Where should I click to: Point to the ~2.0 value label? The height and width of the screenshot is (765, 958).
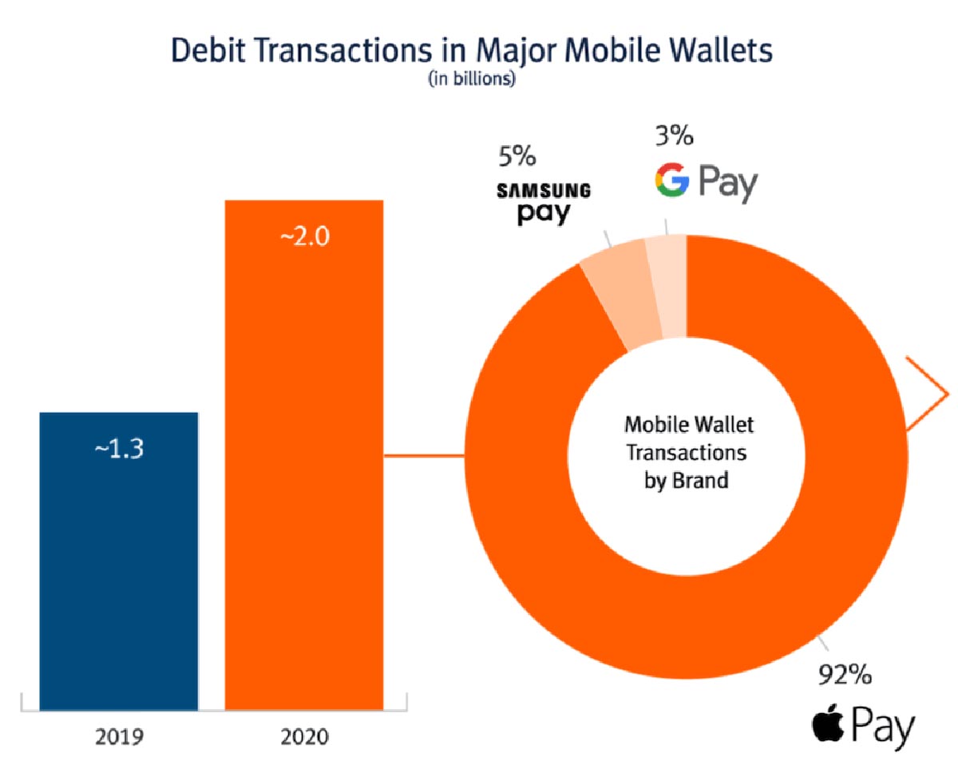[304, 238]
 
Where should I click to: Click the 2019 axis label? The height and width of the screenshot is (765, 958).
[118, 735]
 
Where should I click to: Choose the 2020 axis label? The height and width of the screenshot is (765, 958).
[304, 735]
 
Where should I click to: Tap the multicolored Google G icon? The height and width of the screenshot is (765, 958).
[671, 181]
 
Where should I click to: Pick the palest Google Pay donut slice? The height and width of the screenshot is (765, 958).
[667, 283]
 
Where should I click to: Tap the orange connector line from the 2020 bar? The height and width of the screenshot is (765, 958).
[423, 457]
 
